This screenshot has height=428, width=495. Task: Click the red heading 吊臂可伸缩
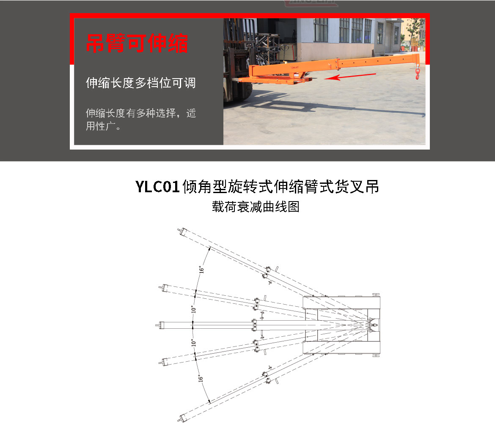137,43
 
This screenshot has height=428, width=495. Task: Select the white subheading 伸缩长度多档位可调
141,83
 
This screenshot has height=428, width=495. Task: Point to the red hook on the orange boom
418,75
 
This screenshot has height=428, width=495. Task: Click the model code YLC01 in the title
158,186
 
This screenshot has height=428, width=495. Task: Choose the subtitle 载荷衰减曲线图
256,207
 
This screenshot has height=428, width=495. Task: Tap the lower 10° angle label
192,342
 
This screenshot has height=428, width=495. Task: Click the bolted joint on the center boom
255,325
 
